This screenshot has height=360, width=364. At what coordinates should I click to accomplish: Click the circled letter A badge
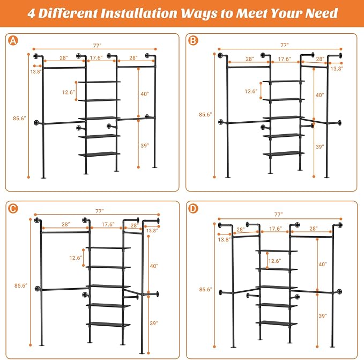click(13, 41)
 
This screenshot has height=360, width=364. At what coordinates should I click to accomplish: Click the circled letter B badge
click(193, 41)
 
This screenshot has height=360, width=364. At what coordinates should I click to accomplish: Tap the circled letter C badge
click(13, 208)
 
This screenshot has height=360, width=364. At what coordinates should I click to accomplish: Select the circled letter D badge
click(193, 209)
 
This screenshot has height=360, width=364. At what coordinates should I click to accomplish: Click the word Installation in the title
click(139, 13)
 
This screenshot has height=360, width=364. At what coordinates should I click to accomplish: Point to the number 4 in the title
click(31, 13)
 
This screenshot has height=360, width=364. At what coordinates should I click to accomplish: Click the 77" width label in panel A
click(97, 46)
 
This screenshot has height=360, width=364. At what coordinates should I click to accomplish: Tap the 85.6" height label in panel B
click(205, 114)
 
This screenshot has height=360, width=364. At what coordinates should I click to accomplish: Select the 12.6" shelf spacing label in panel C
click(76, 258)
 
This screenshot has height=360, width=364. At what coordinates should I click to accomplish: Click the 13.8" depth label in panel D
click(224, 239)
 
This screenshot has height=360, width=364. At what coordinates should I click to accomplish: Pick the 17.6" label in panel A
click(96, 57)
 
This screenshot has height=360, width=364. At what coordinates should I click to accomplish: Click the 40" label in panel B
click(320, 95)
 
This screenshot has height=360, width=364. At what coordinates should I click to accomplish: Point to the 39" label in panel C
click(154, 323)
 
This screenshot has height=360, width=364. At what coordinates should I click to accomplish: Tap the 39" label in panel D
click(323, 315)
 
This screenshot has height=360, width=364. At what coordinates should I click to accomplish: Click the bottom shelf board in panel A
click(99, 154)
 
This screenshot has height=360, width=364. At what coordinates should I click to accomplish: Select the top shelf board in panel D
click(277, 251)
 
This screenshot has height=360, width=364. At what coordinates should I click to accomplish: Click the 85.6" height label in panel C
click(21, 285)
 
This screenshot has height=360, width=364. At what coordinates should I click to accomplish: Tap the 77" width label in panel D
click(279, 215)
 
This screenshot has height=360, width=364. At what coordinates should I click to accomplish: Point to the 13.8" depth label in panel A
click(36, 71)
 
